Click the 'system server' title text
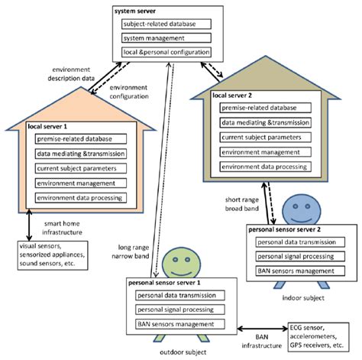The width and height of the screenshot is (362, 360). (136, 11)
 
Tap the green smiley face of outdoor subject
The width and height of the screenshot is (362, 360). (182, 261)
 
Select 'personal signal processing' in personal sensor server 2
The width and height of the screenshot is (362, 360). (293, 257)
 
